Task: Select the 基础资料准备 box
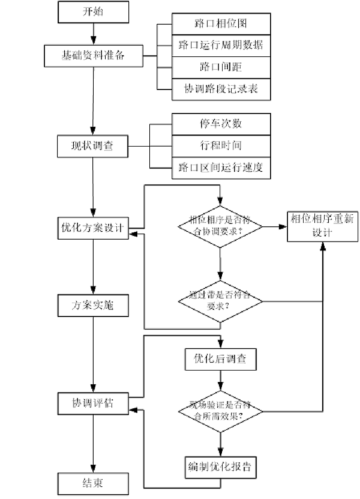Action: pyautogui.click(x=94, y=56)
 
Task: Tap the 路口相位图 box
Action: pyautogui.click(x=221, y=25)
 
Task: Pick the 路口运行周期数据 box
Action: pyautogui.click(x=221, y=45)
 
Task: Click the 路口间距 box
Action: pyautogui.click(x=221, y=67)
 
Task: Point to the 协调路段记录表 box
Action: pyautogui.click(x=221, y=88)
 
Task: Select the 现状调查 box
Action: pyautogui.click(x=93, y=145)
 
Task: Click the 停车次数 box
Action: pyautogui.click(x=221, y=124)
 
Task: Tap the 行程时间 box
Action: pyautogui.click(x=221, y=145)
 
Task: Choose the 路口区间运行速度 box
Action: pyautogui.click(x=221, y=167)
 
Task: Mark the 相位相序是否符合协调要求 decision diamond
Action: pyautogui.click(x=221, y=227)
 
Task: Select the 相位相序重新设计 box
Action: pyautogui.click(x=322, y=226)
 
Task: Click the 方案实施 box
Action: pyautogui.click(x=93, y=305)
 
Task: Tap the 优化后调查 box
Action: pyautogui.click(x=221, y=359)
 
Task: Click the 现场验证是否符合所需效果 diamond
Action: pyautogui.click(x=221, y=411)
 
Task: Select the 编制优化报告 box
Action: pyautogui.click(x=221, y=465)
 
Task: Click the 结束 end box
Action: pyautogui.click(x=93, y=483)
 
